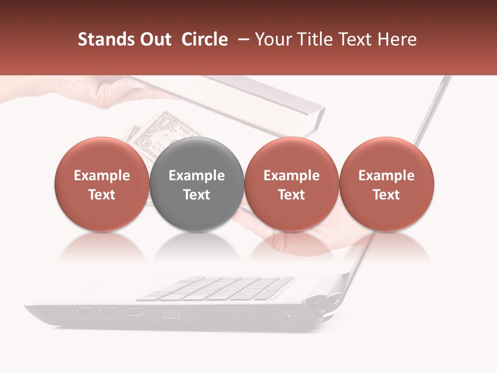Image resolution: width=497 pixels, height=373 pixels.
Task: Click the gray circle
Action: click(x=197, y=184)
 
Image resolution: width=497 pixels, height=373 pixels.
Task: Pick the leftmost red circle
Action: click(x=102, y=184)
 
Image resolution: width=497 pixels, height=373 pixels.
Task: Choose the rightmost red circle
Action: click(x=387, y=184)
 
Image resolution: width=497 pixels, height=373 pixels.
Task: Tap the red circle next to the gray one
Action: click(x=291, y=184)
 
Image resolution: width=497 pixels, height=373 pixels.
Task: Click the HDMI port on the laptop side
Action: click(x=134, y=312)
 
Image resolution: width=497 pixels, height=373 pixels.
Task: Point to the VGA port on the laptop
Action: click(x=170, y=313)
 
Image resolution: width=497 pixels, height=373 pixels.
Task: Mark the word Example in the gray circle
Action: click(x=197, y=176)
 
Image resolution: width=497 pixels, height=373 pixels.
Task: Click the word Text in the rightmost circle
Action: click(x=387, y=195)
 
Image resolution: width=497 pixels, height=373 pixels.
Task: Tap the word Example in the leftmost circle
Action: click(x=102, y=176)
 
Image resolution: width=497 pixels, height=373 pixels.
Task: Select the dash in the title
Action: click(x=242, y=39)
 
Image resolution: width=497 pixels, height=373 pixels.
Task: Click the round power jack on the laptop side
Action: click(x=288, y=314)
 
